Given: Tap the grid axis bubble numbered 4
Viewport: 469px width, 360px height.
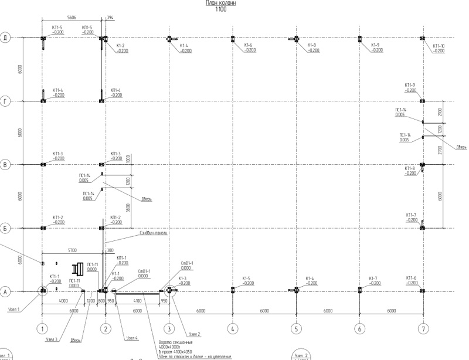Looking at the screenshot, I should (x=233, y=329).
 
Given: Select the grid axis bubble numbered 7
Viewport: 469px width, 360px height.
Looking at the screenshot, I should (x=423, y=329).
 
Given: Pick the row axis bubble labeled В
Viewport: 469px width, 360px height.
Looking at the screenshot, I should (x=6, y=165).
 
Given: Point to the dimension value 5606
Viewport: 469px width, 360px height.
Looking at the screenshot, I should (x=72, y=18).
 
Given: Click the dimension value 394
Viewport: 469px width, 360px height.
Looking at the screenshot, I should (x=110, y=18).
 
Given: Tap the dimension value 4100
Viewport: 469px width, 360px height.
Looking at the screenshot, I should (x=137, y=301).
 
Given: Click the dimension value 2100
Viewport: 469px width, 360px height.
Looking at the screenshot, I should (x=440, y=111).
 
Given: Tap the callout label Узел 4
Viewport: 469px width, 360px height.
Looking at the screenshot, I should (x=132, y=338).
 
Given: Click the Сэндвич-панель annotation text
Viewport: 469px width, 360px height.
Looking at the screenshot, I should (x=154, y=233).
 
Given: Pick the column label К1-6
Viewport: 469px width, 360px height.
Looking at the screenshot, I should (x=248, y=45).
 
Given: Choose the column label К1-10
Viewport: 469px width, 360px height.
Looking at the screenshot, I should (x=439, y=45).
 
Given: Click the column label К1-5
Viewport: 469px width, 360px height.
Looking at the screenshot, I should (x=246, y=279).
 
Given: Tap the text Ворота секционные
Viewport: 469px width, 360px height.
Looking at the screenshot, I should (x=171, y=342).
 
